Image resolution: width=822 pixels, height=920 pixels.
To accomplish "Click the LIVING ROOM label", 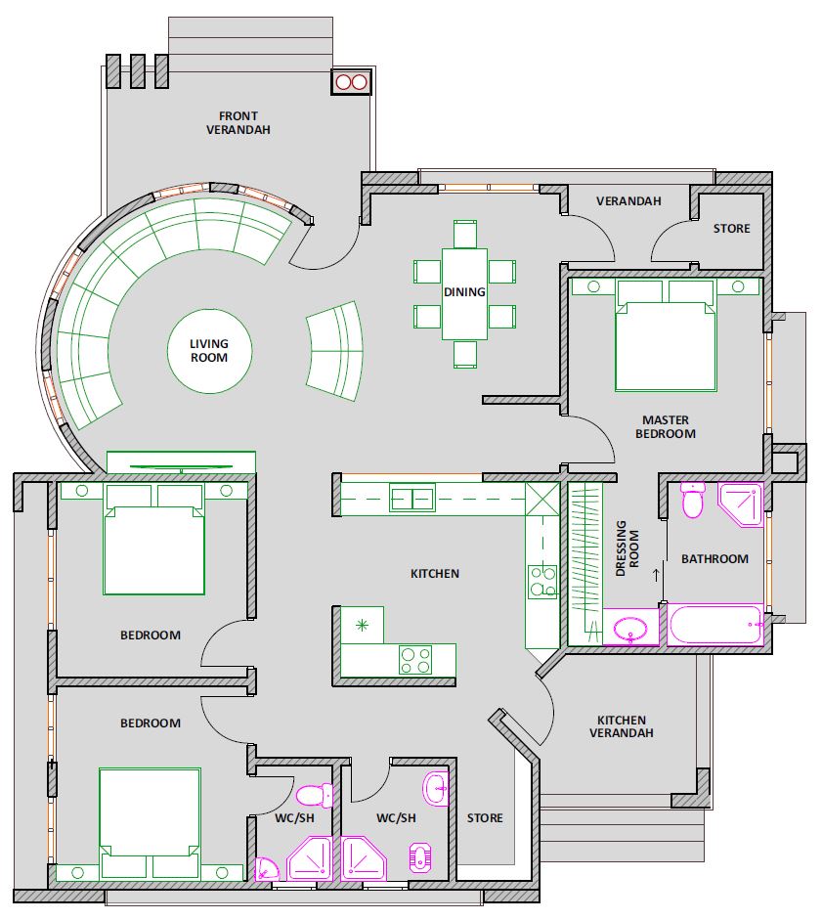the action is [x=209, y=350].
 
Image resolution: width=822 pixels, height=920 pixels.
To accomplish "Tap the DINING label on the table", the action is [x=464, y=291].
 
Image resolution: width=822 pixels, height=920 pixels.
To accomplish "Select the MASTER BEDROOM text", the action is [x=666, y=426].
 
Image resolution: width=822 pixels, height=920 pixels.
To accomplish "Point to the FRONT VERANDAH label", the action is [x=238, y=122].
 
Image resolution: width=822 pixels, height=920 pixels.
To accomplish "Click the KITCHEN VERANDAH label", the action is [x=622, y=725].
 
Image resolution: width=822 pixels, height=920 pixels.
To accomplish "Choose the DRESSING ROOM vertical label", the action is [x=627, y=548].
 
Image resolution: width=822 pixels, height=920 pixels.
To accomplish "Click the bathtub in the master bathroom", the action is [x=715, y=625].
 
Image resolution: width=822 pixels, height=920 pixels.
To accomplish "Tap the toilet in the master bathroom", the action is [x=693, y=500].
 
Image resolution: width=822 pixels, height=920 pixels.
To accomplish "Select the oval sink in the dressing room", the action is [x=630, y=629].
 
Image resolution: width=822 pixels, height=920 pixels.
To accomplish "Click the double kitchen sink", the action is [x=413, y=499].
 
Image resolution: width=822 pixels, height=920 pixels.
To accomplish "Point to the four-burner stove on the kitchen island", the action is [x=415, y=660].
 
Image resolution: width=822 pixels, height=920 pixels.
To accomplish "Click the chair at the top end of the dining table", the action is [x=464, y=234].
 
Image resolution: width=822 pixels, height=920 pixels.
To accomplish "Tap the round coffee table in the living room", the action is [x=209, y=351].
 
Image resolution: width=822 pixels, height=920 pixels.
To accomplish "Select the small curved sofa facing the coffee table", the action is [x=335, y=351].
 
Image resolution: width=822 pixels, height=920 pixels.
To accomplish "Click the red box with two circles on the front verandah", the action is [x=351, y=81].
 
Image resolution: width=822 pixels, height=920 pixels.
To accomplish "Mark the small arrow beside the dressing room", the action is [x=657, y=574].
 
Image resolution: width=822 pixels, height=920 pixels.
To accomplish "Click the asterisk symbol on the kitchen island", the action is [x=362, y=626].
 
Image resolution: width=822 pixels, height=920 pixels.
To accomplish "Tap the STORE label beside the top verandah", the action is [x=732, y=228].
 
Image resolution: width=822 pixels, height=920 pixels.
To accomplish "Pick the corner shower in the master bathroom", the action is [x=741, y=504].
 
